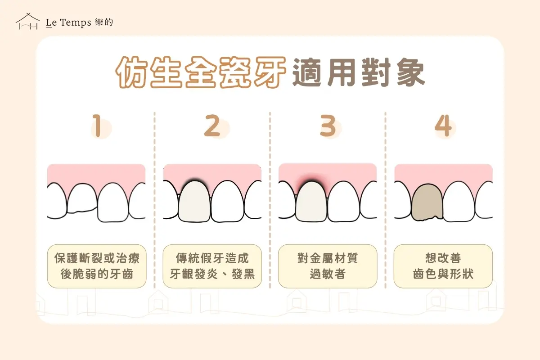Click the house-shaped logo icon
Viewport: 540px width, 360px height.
point(27,21)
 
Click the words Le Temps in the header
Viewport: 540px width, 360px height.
point(68,22)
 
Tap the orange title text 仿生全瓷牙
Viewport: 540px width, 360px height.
point(201,72)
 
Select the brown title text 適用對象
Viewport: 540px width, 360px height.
point(359,72)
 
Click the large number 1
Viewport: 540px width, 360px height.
point(97,126)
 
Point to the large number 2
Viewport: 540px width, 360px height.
point(212,126)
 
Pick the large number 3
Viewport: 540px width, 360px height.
point(328,126)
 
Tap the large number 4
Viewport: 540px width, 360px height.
point(443,126)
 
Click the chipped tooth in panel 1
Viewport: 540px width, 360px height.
point(82,198)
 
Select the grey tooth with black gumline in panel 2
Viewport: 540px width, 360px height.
point(194,201)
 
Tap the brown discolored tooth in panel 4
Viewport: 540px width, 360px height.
point(427,202)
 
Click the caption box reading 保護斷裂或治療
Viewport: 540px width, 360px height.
point(97,266)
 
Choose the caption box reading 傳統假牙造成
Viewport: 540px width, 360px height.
point(212,266)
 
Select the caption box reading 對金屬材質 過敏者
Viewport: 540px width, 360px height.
point(328,266)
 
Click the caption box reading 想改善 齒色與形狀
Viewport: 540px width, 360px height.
point(443,266)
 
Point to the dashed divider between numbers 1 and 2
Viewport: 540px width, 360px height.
point(154,200)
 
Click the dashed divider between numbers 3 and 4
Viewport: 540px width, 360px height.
point(386,200)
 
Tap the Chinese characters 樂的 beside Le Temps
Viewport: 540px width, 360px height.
point(104,22)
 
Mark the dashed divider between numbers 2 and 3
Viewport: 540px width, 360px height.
point(270,200)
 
